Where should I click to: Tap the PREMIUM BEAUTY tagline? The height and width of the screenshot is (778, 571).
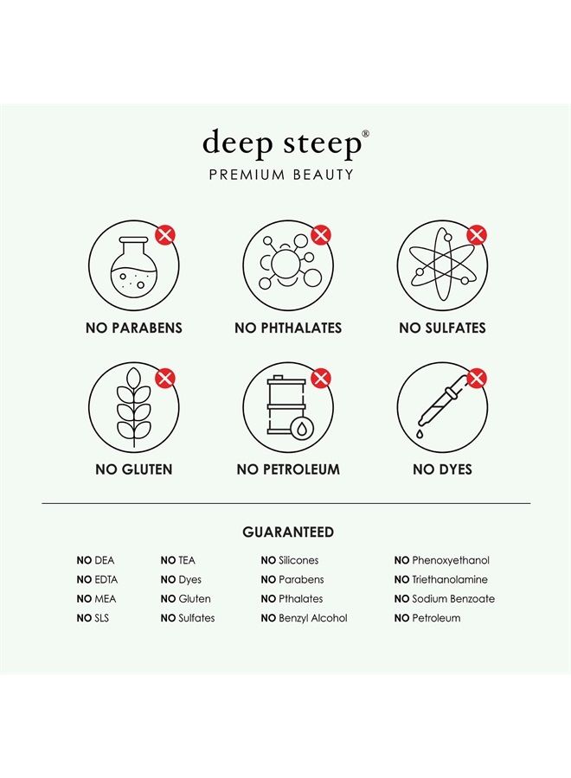pos(281,175)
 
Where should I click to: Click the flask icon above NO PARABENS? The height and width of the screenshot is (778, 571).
pos(133,265)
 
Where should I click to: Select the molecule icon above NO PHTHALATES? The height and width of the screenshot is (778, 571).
pos(288,265)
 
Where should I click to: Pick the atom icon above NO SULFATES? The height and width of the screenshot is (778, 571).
pos(441,265)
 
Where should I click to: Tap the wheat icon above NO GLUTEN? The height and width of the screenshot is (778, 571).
pos(133,406)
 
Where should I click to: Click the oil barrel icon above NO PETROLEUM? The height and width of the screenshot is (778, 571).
pos(288,406)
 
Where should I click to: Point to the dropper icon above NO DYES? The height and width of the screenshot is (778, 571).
pos(441,406)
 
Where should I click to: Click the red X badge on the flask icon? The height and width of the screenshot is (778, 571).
pos(165,235)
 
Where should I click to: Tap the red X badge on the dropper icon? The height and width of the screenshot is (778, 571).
pos(476,377)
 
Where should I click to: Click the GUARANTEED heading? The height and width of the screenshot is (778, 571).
pos(288,532)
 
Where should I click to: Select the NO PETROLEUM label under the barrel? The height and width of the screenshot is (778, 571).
pos(288,469)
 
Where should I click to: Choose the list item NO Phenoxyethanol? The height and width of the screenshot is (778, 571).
pos(440,561)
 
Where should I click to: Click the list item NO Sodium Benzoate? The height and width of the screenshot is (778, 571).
pos(445,599)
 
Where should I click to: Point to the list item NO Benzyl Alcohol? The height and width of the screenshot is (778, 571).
pos(304,618)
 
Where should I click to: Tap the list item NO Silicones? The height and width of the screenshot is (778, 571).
pos(290,561)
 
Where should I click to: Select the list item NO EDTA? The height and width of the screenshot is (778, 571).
pos(97,580)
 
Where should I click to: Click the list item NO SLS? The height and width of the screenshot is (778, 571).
pos(93,618)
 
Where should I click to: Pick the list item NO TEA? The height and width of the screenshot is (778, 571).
pos(178,561)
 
